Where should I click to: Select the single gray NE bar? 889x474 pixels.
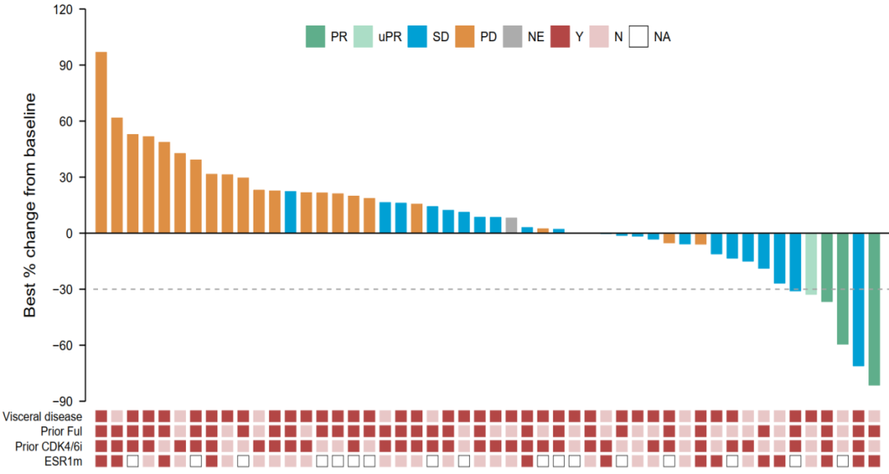pyautogui.click(x=511, y=225)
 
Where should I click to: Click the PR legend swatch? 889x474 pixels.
pyautogui.click(x=314, y=36)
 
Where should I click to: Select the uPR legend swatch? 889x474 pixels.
pyautogui.click(x=363, y=36)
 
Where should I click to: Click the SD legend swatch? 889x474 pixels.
pyautogui.click(x=417, y=36)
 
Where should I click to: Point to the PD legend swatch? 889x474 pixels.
pyautogui.click(x=466, y=36)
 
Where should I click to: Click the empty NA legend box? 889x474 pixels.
pyautogui.click(x=638, y=36)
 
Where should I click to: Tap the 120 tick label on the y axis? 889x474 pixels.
pyautogui.click(x=63, y=10)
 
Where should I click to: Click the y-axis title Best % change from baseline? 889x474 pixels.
pyautogui.click(x=30, y=206)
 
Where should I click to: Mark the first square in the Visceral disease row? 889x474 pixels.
pyautogui.click(x=101, y=416)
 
